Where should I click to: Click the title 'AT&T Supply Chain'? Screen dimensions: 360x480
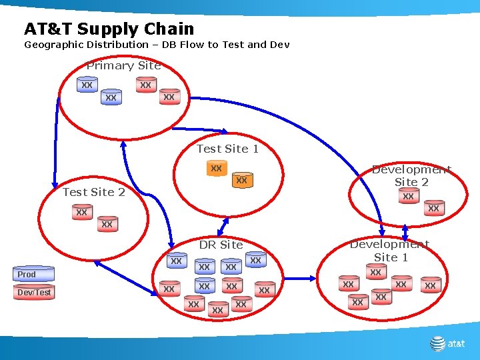tap(109, 29)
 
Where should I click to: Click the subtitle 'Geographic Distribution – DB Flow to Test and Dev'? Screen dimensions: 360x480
tap(157, 45)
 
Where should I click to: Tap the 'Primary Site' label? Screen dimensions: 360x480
tap(123, 65)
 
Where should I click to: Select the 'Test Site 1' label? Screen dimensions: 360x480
tap(227, 149)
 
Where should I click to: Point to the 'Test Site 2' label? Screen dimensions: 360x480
tap(93, 192)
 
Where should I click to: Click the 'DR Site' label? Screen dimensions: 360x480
tap(221, 245)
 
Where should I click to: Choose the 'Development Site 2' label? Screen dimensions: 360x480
tap(411, 175)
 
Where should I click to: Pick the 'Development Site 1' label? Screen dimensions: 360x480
tap(390, 251)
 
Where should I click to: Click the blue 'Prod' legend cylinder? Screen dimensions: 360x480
tap(34, 274)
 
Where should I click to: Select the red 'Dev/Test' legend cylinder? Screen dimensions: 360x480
tap(34, 292)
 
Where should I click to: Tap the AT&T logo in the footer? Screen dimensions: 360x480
tap(447, 343)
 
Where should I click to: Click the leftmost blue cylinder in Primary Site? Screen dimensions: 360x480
tap(87, 85)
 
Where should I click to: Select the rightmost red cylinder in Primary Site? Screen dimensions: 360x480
tap(169, 97)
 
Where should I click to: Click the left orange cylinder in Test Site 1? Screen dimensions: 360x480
tap(216, 169)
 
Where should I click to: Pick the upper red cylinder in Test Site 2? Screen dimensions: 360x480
tap(81, 213)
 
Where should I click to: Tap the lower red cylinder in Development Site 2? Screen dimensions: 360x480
tap(433, 209)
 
